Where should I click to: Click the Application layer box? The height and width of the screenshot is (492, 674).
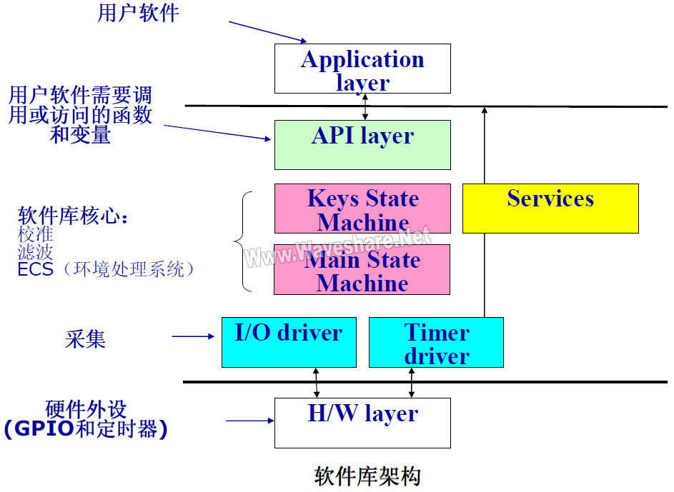(362, 69)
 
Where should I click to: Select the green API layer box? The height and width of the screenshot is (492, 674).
(362, 144)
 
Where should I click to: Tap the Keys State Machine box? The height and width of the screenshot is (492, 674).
(362, 209)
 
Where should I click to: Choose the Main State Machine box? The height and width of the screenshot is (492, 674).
(362, 270)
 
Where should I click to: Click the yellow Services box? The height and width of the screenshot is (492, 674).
(550, 208)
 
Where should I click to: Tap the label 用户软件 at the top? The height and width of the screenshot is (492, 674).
(138, 13)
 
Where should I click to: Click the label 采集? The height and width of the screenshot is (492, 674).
(86, 339)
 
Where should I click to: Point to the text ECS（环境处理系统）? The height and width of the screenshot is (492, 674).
(106, 269)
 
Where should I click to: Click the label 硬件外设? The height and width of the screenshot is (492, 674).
(86, 409)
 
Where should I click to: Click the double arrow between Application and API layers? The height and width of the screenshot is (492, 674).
(365, 106)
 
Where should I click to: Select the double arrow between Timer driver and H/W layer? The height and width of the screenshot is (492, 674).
(412, 383)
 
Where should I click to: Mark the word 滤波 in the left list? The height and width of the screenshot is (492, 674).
(36, 251)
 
